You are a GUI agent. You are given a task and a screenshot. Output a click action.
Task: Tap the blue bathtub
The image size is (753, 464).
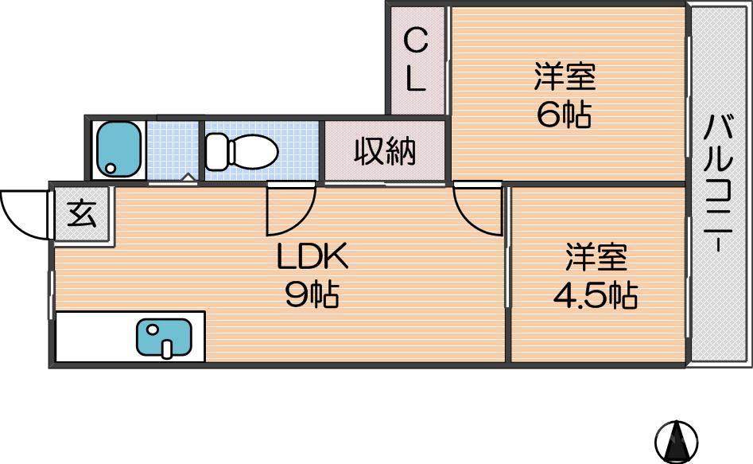point(118,149)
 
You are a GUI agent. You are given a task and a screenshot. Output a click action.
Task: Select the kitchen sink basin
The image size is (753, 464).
point(164,337)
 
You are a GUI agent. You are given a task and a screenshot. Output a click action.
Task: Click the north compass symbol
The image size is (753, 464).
point(676,440)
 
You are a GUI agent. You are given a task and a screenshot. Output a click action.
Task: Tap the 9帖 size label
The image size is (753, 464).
point(312,295)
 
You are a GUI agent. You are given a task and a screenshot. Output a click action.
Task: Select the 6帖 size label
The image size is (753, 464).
point(564,115)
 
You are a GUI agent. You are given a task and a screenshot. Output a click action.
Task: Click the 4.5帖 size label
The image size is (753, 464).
point(596,296)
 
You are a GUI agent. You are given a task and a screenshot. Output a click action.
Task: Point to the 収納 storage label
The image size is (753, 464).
point(385,150)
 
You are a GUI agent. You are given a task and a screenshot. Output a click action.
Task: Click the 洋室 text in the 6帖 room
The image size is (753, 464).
point(565,78)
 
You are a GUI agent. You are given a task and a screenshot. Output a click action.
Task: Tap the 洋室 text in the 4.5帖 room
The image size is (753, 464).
point(596,258)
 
